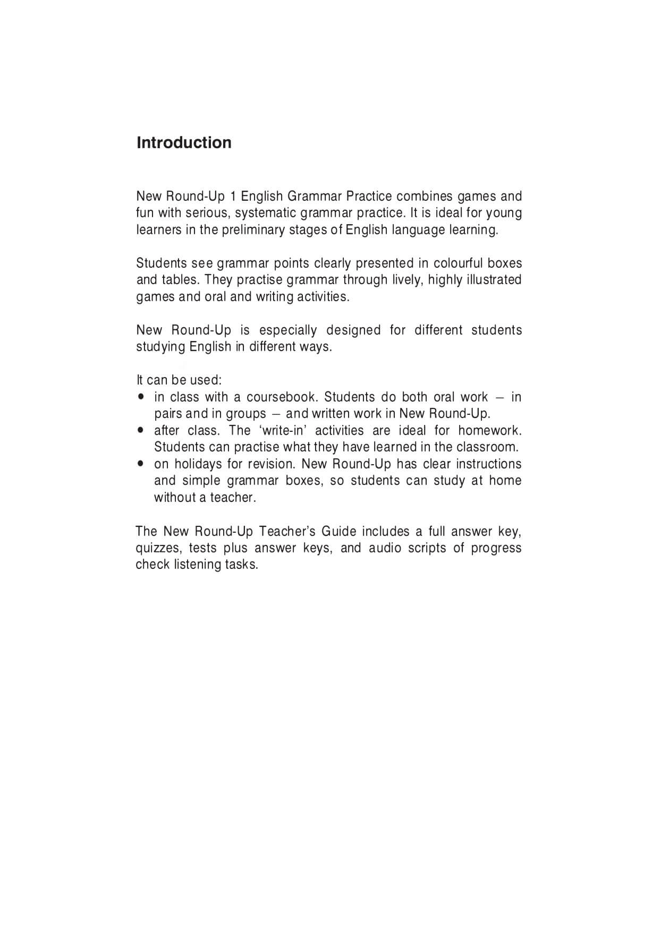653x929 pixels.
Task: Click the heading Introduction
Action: point(184,143)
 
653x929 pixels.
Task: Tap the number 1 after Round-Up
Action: point(233,197)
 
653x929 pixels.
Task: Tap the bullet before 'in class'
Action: point(140,397)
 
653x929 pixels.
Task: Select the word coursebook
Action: point(281,397)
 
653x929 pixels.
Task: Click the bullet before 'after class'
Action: point(140,430)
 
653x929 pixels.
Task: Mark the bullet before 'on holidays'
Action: point(140,464)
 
